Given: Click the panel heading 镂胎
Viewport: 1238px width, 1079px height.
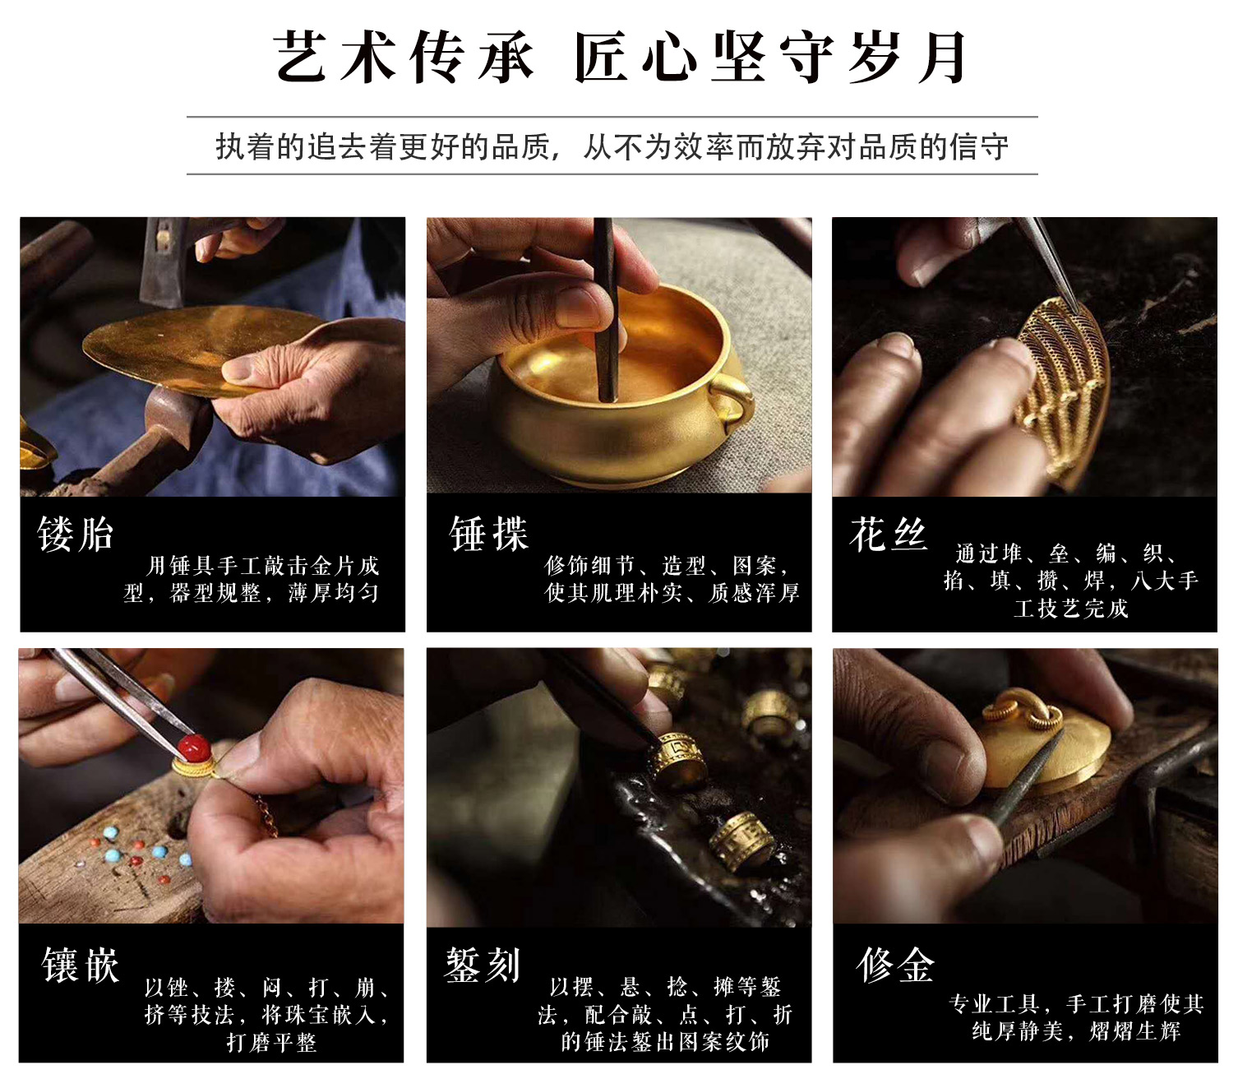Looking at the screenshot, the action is pyautogui.click(x=76, y=534).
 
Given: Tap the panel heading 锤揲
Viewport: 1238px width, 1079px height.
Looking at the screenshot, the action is pyautogui.click(x=489, y=534).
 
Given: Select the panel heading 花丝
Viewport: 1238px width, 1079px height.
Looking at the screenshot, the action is pyautogui.click(x=889, y=534).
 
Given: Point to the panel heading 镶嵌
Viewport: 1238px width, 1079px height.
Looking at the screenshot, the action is pyautogui.click(x=81, y=965).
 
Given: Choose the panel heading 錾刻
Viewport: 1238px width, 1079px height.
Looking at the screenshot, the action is pyautogui.click(x=483, y=965).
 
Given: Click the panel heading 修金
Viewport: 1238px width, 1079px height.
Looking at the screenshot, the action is pyautogui.click(x=895, y=965).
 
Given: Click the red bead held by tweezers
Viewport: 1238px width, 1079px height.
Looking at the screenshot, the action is pyautogui.click(x=194, y=748).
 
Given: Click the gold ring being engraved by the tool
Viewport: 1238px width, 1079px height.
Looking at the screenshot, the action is pyautogui.click(x=679, y=759).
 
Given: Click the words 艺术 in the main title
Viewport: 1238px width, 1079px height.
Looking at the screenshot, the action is pyautogui.click(x=335, y=57).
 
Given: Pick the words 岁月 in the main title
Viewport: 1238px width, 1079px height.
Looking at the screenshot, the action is pyautogui.click(x=907, y=57).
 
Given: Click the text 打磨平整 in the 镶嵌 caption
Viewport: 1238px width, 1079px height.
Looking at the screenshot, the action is pyautogui.click(x=271, y=1042).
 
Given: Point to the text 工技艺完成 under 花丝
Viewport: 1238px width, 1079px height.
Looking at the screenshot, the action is pyautogui.click(x=1071, y=609).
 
